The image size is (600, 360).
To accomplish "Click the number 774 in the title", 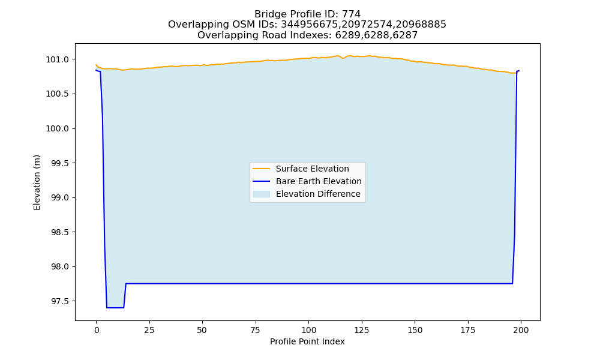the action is click(351, 14).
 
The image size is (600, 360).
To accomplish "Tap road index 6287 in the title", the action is click(406, 35).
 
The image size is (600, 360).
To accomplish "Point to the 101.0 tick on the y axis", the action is click(58, 59).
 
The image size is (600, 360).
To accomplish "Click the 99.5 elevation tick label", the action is click(60, 163).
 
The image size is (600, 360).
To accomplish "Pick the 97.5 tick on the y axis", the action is click(60, 301).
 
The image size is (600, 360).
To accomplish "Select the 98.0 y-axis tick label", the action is click(60, 267).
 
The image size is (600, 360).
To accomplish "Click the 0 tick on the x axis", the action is click(97, 330).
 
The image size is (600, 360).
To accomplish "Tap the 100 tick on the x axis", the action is click(308, 330).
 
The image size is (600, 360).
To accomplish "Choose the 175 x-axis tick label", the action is click(467, 330).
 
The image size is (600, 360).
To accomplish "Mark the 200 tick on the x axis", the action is click(520, 330).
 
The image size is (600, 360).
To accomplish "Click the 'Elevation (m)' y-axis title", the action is click(37, 182).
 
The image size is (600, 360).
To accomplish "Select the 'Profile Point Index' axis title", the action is click(307, 341).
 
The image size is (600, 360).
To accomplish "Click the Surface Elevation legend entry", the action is click(312, 169).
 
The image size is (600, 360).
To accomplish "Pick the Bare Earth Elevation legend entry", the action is click(319, 181).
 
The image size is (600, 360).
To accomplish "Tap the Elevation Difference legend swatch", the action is click(262, 194).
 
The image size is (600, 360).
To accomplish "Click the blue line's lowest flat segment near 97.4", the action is click(115, 308).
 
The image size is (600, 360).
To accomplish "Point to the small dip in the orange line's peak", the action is click(343, 58).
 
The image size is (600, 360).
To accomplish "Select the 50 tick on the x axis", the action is click(202, 330).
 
